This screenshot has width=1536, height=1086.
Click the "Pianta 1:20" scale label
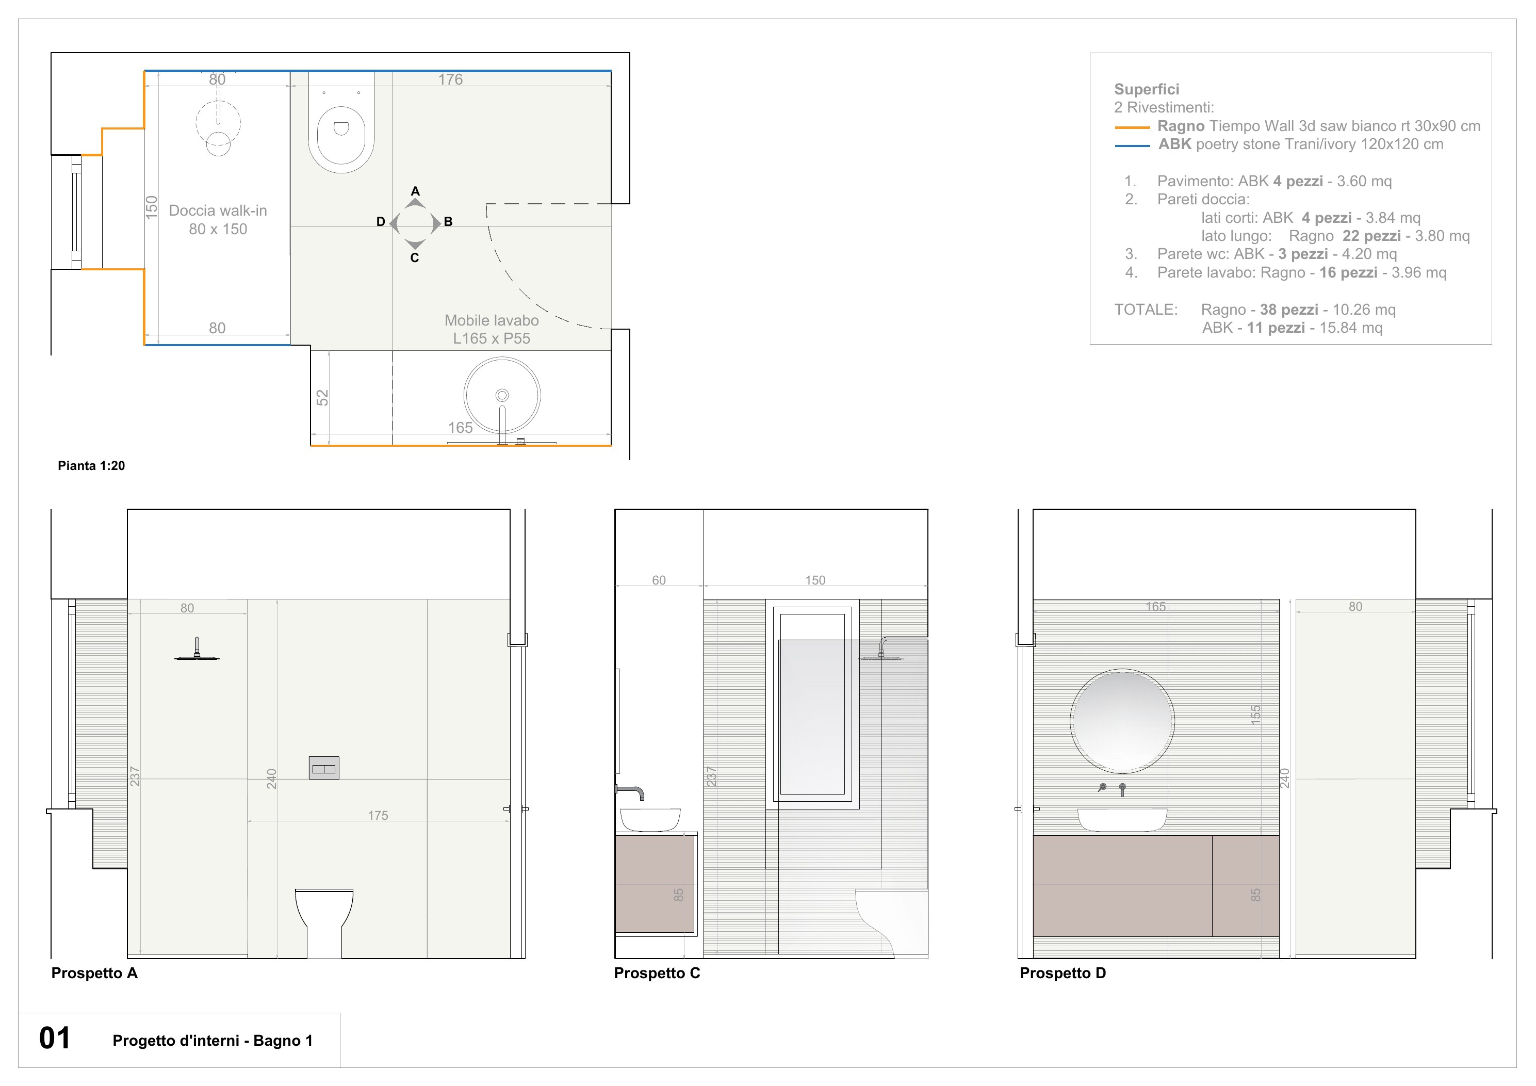(x=91, y=466)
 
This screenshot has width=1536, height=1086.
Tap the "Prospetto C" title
(x=657, y=973)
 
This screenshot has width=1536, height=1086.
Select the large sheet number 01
(x=55, y=1038)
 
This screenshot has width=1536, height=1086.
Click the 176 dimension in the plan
(x=450, y=79)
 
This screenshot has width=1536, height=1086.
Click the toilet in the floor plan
(x=341, y=127)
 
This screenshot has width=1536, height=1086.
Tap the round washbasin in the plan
(x=502, y=395)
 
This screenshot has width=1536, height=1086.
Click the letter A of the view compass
(x=415, y=191)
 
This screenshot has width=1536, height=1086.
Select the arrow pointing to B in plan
(x=437, y=223)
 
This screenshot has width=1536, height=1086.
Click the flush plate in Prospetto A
(x=324, y=768)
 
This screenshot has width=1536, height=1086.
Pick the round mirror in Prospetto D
(x=1122, y=721)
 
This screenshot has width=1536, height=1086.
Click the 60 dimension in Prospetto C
(x=659, y=580)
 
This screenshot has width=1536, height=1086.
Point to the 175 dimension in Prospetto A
(x=378, y=816)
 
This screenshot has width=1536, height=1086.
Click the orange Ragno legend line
(x=1132, y=127)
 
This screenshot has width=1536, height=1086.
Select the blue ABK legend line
(x=1132, y=145)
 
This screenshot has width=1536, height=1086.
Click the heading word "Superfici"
(x=1147, y=89)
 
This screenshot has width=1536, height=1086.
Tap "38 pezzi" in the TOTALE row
(x=1289, y=310)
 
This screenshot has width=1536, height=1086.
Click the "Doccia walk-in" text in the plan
(x=218, y=211)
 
